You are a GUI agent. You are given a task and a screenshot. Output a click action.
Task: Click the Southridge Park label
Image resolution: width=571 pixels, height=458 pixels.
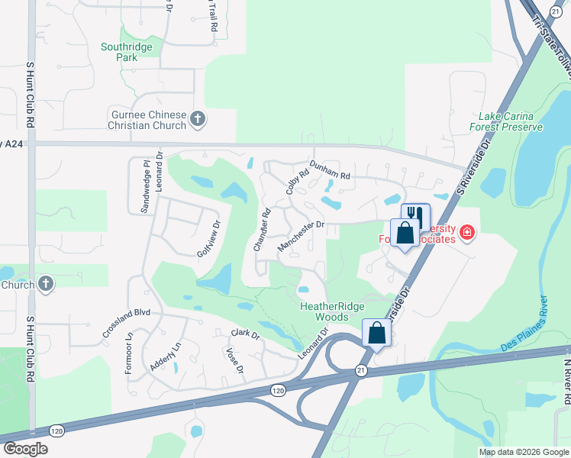click(x=127, y=52)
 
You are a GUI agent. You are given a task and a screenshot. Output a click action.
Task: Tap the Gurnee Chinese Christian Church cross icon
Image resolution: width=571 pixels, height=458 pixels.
click(x=198, y=119)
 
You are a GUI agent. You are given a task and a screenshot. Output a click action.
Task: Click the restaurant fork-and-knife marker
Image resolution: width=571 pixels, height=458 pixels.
click(x=415, y=214)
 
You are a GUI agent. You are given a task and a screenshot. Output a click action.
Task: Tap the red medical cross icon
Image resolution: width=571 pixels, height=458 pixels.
click(x=466, y=233)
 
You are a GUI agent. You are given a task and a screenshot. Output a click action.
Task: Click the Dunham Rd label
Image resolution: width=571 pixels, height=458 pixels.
click(x=329, y=169)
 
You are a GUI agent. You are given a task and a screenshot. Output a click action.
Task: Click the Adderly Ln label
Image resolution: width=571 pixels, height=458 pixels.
click(x=165, y=356)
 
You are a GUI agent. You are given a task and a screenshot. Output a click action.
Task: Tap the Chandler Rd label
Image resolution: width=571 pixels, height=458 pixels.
click(x=261, y=231)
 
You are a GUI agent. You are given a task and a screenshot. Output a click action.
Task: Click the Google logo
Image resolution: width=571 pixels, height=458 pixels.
click(x=25, y=449)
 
